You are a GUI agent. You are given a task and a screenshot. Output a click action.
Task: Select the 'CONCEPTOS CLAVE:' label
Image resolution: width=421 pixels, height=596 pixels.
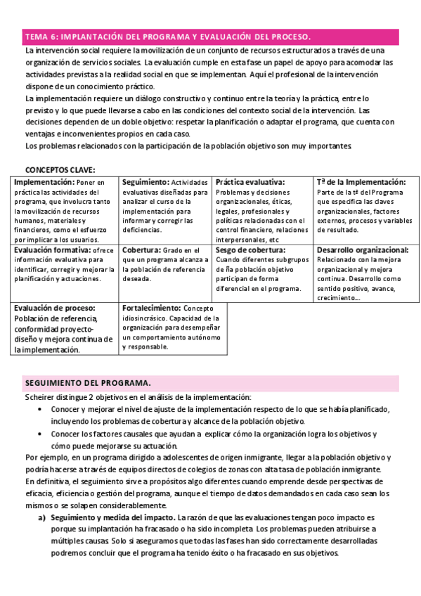coord(60,169)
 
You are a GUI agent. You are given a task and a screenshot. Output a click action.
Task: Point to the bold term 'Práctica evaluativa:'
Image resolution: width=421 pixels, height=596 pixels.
coord(250,182)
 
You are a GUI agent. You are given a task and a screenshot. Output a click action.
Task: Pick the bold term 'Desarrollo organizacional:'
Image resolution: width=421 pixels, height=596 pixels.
coord(363,250)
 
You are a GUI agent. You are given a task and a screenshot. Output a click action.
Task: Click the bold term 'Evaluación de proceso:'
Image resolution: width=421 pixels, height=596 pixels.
coord(54,308)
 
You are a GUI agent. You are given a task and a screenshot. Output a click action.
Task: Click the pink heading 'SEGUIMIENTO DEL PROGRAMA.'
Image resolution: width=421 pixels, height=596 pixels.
coord(88,383)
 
